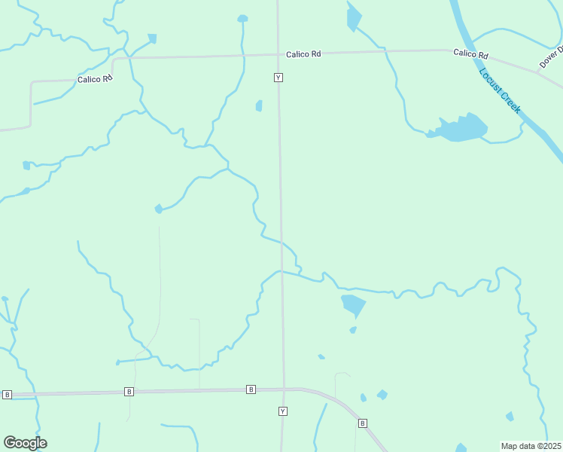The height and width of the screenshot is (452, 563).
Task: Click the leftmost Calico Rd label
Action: click(x=94, y=79)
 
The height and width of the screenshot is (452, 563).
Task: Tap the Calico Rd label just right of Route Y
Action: click(x=303, y=54)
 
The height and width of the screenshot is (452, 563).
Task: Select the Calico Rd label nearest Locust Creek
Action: click(x=470, y=55)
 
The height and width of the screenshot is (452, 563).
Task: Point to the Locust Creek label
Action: click(x=500, y=90)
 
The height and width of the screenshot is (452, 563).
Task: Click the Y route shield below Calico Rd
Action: click(x=278, y=78)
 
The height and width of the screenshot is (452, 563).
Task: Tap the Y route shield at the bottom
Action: click(x=282, y=411)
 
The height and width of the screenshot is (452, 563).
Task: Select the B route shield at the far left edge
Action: click(x=7, y=395)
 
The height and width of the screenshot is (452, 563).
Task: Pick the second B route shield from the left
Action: click(x=129, y=392)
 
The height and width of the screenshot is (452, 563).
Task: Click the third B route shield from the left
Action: click(x=251, y=389)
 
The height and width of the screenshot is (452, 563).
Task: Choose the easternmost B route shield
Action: click(x=362, y=423)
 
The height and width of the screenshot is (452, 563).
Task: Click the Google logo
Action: click(x=25, y=443)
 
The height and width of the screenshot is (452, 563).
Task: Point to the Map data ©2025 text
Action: click(x=530, y=446)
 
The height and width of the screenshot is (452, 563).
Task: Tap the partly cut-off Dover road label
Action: click(x=551, y=57)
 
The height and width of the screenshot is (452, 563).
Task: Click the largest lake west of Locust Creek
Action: click(x=461, y=128)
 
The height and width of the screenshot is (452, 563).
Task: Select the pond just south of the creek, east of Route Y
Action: click(x=353, y=304)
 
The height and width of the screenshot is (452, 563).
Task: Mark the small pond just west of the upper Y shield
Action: click(x=259, y=106)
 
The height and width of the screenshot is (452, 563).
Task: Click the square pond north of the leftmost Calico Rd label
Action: click(x=152, y=38)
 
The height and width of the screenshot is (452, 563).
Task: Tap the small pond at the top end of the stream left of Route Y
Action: click(x=242, y=19)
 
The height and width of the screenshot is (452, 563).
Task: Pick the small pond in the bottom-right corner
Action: click(x=510, y=416)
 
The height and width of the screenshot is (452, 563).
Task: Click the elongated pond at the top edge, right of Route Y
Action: click(x=352, y=18)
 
